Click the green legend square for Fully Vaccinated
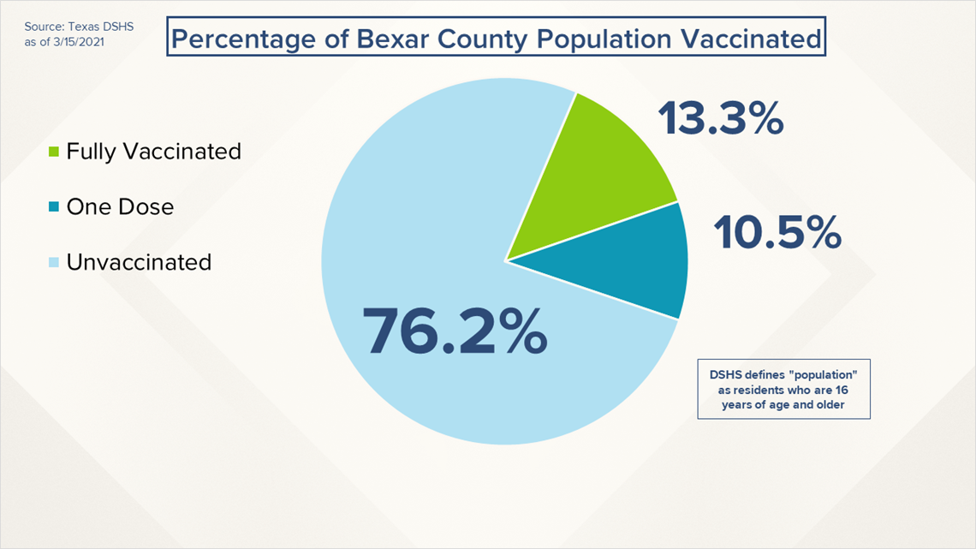coord(54,152)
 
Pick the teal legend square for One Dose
coord(54,207)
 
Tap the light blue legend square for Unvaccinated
coord(54,262)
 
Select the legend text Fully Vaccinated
coord(153,152)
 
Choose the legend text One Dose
coord(120,206)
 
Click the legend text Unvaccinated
coord(139,261)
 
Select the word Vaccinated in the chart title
coord(754,39)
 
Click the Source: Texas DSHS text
coord(73,27)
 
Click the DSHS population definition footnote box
coord(783,389)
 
